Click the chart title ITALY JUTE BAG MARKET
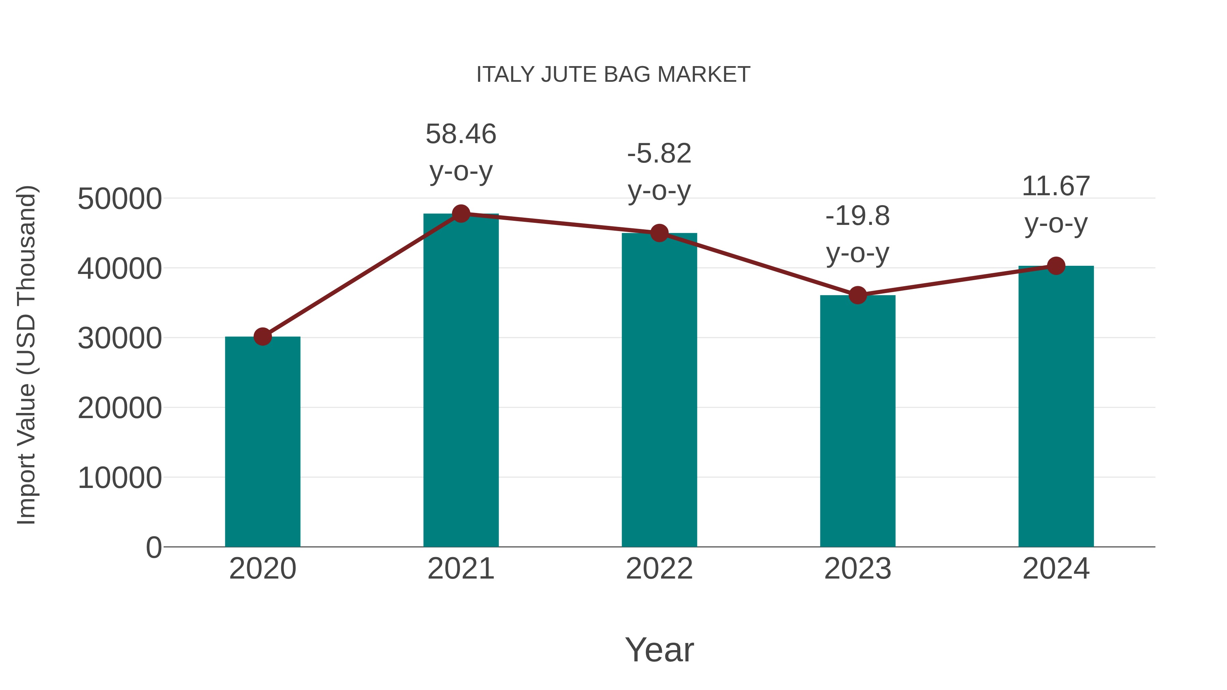click(613, 75)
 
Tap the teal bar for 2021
click(460, 381)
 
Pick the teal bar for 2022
click(659, 390)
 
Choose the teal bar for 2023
click(858, 421)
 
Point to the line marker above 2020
click(262, 337)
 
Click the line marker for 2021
click(460, 214)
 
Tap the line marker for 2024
click(1056, 266)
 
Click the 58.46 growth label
click(460, 134)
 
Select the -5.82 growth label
click(659, 154)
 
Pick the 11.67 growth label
click(1056, 186)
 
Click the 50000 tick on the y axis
click(120, 199)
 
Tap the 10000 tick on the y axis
click(120, 478)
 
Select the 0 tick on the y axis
click(153, 547)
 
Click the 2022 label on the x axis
click(659, 569)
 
